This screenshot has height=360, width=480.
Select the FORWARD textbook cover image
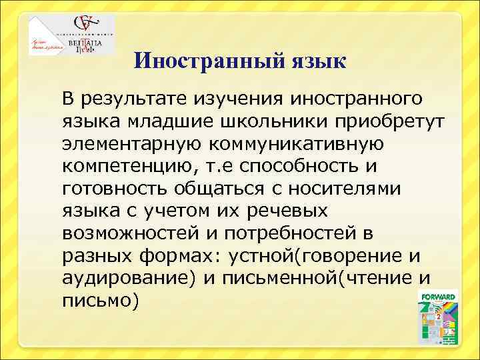point(437,317)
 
